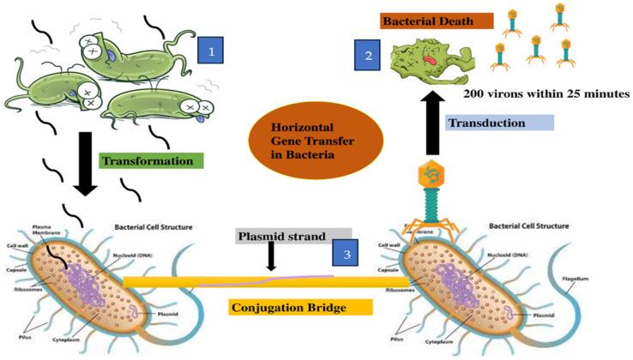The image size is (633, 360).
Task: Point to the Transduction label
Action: pyautogui.click(x=498, y=123)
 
